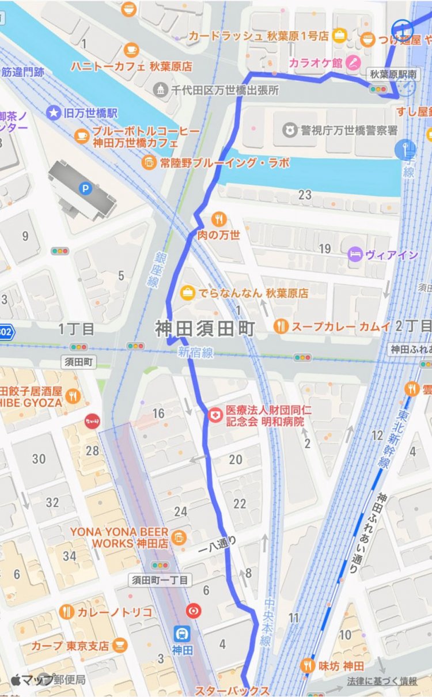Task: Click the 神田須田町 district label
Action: point(205,329)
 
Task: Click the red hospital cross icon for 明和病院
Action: point(214,415)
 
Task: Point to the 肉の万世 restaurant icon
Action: point(218,219)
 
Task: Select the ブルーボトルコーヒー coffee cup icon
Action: point(82,137)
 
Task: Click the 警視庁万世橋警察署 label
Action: point(348,130)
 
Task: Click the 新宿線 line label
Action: point(195,353)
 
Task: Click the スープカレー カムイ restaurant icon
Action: point(281,326)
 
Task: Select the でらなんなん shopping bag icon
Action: point(187,293)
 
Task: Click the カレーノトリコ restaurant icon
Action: point(66,612)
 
